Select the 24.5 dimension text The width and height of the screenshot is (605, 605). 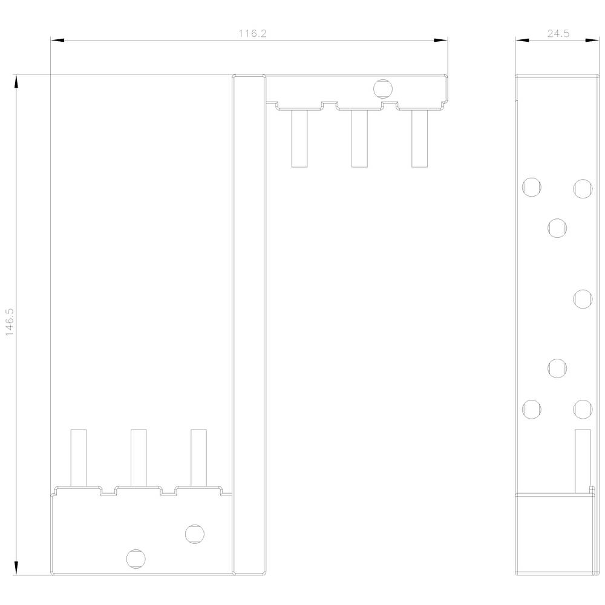(558, 34)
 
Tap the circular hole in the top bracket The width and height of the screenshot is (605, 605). (382, 89)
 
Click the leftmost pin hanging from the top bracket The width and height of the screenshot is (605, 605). (299, 139)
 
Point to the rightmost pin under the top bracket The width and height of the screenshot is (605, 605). (419, 139)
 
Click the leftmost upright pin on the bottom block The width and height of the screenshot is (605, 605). (79, 457)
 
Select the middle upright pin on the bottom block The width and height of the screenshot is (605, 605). (139, 457)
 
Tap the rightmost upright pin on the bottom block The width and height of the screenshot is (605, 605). (198, 457)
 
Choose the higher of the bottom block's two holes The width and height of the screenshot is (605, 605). (194, 534)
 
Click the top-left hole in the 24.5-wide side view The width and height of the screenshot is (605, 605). (531, 187)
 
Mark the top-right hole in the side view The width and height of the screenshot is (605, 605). (582, 188)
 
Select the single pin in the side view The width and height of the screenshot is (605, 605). (582, 462)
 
